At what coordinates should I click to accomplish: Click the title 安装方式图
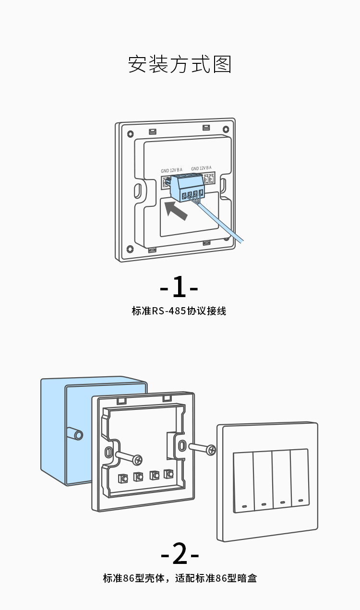click(180, 64)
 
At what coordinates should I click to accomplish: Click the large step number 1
click(179, 287)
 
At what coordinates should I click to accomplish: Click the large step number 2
click(180, 554)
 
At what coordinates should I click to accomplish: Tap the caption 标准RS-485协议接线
click(179, 311)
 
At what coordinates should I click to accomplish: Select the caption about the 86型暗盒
click(180, 578)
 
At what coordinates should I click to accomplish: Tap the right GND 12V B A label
click(201, 168)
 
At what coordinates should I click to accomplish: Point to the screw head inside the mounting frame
click(138, 460)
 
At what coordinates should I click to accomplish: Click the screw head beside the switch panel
click(210, 450)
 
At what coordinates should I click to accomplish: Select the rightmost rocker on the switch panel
click(300, 476)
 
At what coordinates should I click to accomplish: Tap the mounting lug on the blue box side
click(77, 435)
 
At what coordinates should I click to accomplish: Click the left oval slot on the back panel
click(138, 190)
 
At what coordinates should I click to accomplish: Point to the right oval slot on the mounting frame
click(181, 445)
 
